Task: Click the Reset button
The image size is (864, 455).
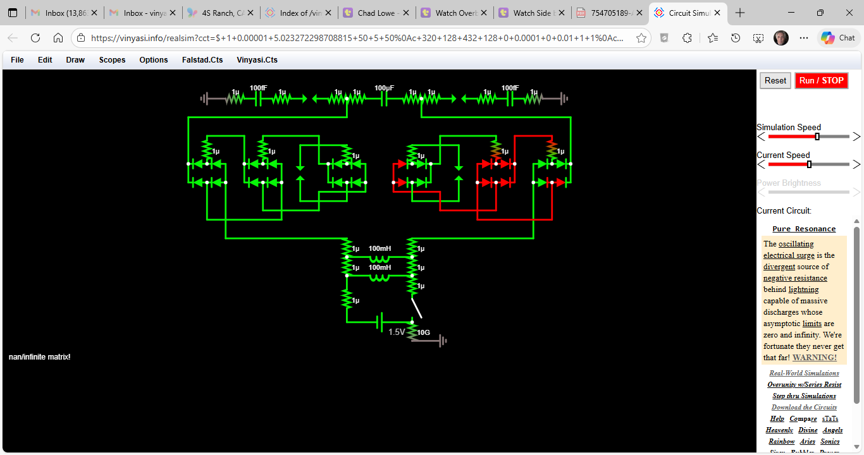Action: pyautogui.click(x=775, y=80)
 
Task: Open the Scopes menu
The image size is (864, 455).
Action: pyautogui.click(x=112, y=60)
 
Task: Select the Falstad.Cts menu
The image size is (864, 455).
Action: pyautogui.click(x=202, y=60)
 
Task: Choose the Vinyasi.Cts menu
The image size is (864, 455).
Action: pyautogui.click(x=257, y=60)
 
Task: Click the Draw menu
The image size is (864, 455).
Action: pyautogui.click(x=75, y=60)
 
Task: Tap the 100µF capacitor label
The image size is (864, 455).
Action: pyautogui.click(x=384, y=88)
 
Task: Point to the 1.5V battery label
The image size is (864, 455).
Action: pyautogui.click(x=397, y=332)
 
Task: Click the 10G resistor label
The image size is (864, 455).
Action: pyautogui.click(x=424, y=332)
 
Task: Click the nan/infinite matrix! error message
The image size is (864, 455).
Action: pyautogui.click(x=39, y=357)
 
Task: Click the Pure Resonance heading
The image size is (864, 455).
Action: pyautogui.click(x=804, y=229)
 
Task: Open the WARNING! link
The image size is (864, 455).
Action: pyautogui.click(x=815, y=358)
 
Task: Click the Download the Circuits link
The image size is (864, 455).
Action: pyautogui.click(x=804, y=407)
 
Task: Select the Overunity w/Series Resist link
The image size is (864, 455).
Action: pyautogui.click(x=804, y=384)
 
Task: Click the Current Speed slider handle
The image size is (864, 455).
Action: pyautogui.click(x=809, y=164)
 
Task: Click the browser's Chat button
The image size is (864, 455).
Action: pyautogui.click(x=839, y=38)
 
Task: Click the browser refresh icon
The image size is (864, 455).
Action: pyautogui.click(x=35, y=38)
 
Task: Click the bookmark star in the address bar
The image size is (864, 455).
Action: pyautogui.click(x=641, y=38)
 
